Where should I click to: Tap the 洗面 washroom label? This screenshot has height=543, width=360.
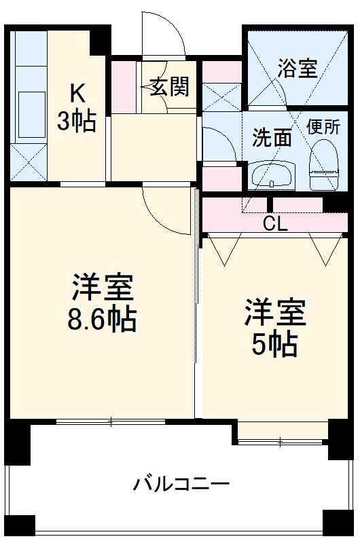272,138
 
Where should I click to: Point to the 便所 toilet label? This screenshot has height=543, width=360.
323,126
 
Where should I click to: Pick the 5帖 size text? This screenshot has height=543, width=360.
275,345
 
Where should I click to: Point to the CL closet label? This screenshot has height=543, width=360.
275,224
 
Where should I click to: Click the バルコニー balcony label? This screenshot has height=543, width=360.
181,485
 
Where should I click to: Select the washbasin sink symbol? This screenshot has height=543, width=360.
271,176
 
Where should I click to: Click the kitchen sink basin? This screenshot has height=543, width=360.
28,106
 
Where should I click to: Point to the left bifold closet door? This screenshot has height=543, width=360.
223,248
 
